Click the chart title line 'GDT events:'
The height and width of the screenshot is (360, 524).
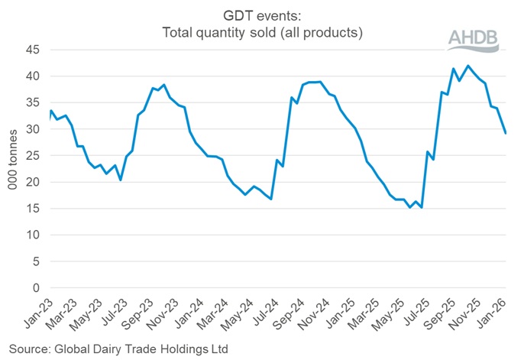(x=262, y=17)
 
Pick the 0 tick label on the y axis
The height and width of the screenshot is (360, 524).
(x=34, y=288)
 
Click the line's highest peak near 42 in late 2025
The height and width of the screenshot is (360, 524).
(x=468, y=66)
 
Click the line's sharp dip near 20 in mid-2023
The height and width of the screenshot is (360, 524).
(x=121, y=180)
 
